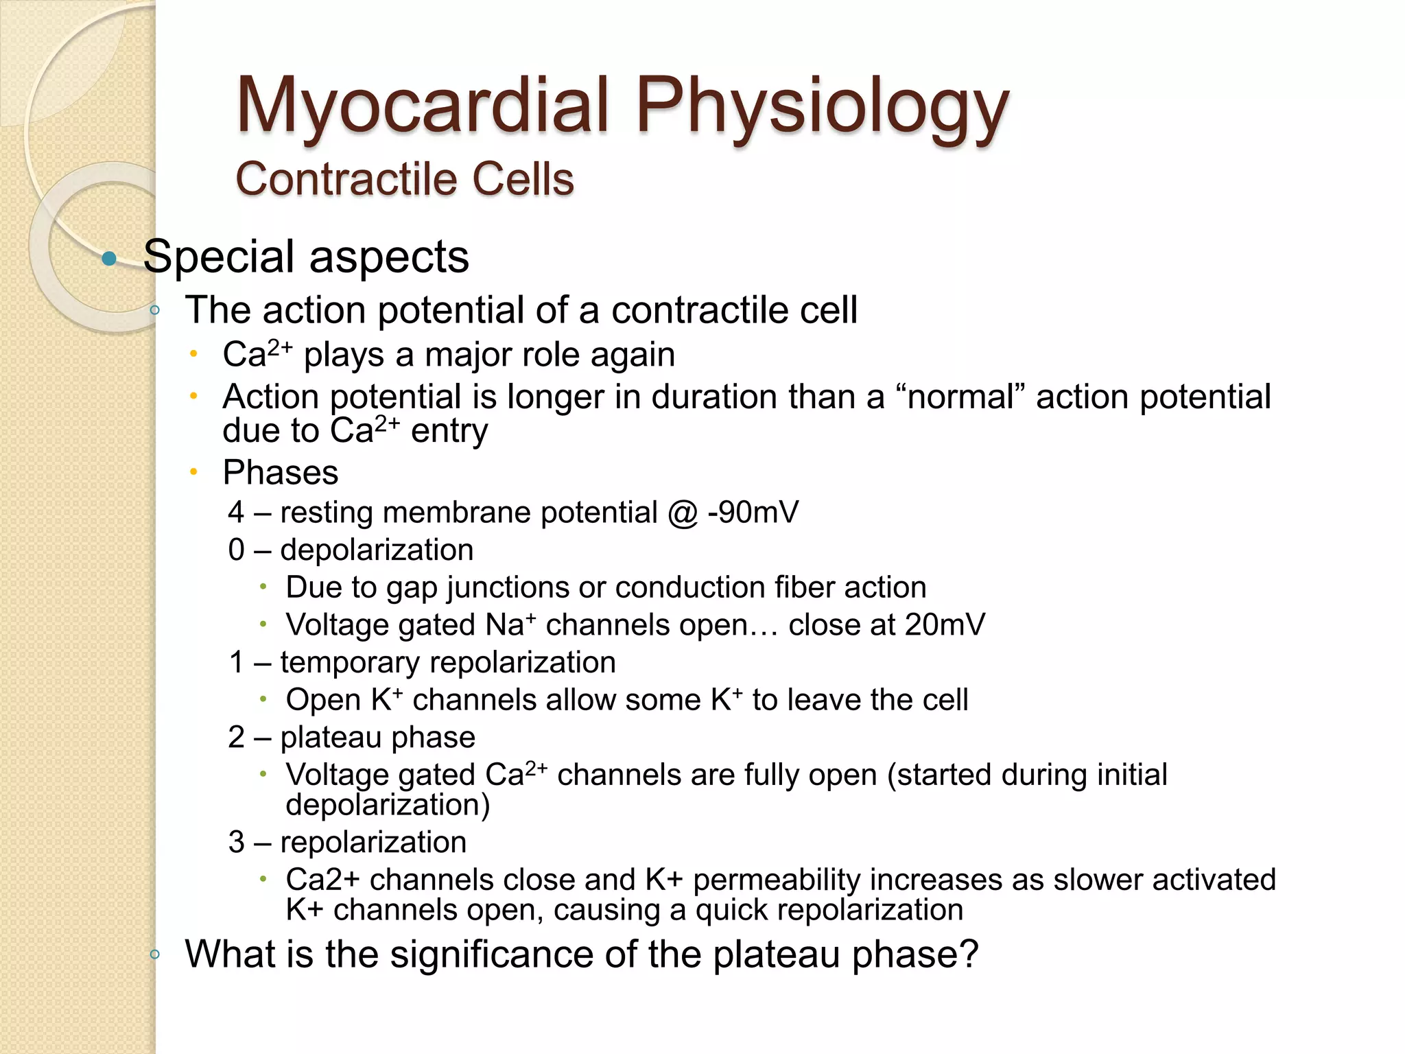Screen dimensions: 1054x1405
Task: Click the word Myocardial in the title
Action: (x=422, y=106)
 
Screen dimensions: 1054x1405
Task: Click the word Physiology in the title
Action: (x=822, y=106)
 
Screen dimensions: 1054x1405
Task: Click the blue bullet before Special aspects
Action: (x=108, y=259)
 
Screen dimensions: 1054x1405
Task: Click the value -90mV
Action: (x=753, y=513)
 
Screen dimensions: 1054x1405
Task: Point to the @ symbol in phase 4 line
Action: (x=682, y=513)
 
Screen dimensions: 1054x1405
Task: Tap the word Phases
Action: (x=281, y=473)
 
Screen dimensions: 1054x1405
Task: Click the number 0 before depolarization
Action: (x=237, y=550)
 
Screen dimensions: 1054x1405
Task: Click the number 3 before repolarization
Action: (x=237, y=843)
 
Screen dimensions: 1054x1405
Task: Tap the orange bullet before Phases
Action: (x=194, y=472)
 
